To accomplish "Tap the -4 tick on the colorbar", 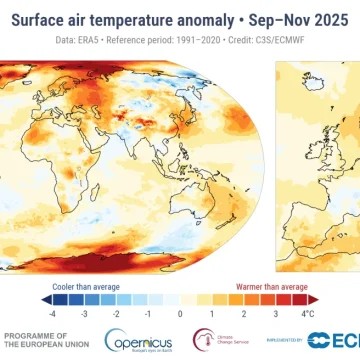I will tap(50, 286).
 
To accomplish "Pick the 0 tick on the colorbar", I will tap(180, 286).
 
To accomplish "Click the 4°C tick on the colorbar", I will tap(312, 286).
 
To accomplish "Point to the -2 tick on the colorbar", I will tap(115, 286).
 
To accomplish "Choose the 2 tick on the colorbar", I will tap(245, 286).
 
